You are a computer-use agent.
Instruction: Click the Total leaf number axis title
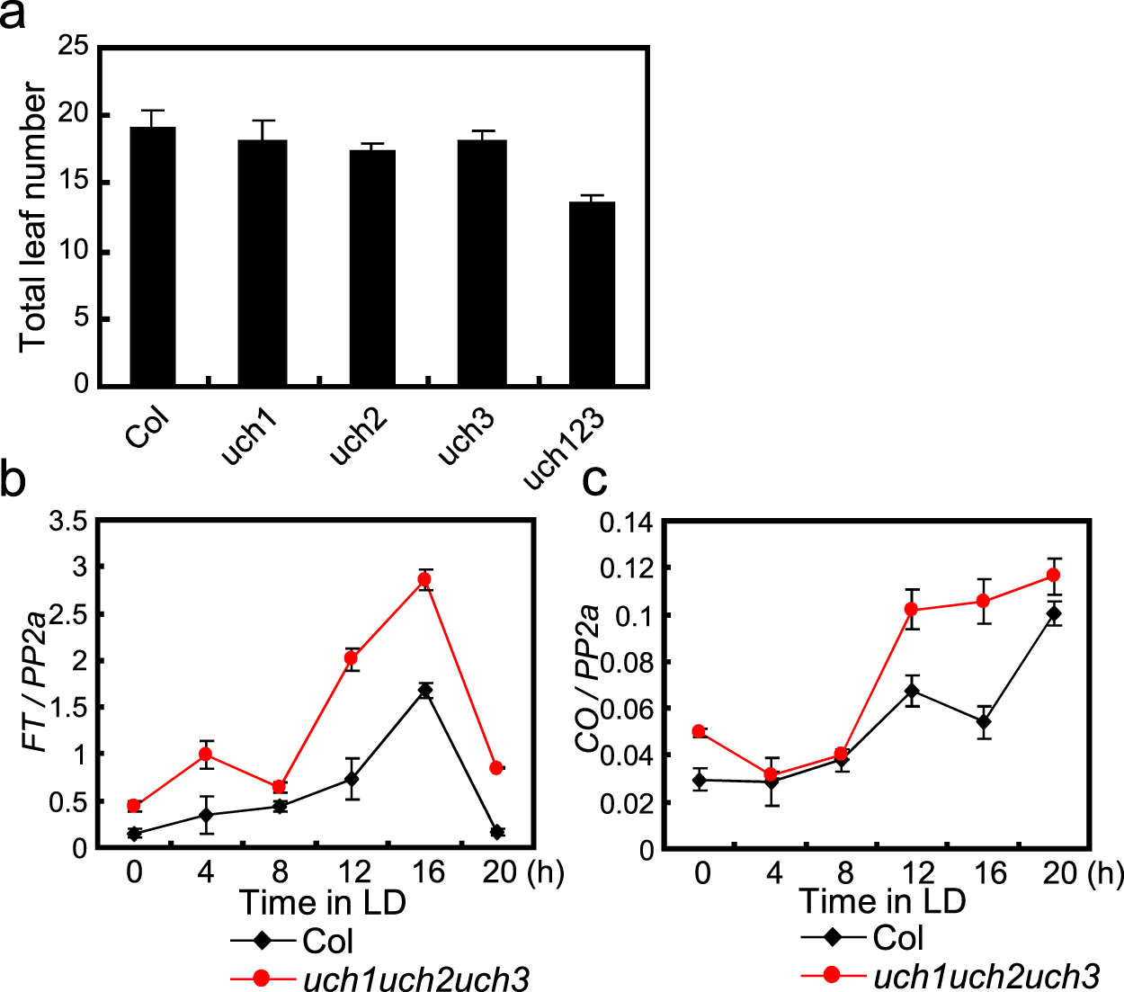33,217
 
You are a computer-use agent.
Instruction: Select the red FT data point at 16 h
425,580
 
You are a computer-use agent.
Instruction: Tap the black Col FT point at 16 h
425,691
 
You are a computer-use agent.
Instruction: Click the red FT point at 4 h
206,754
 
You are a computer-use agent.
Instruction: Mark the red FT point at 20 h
496,767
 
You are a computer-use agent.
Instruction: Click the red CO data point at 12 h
912,610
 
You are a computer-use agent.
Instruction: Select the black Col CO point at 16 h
984,721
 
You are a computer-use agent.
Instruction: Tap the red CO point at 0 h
699,731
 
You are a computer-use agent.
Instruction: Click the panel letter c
594,480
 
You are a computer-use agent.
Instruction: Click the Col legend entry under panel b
327,941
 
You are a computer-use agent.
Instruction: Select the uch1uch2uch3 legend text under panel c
986,976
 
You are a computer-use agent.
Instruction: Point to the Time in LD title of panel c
882,900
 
